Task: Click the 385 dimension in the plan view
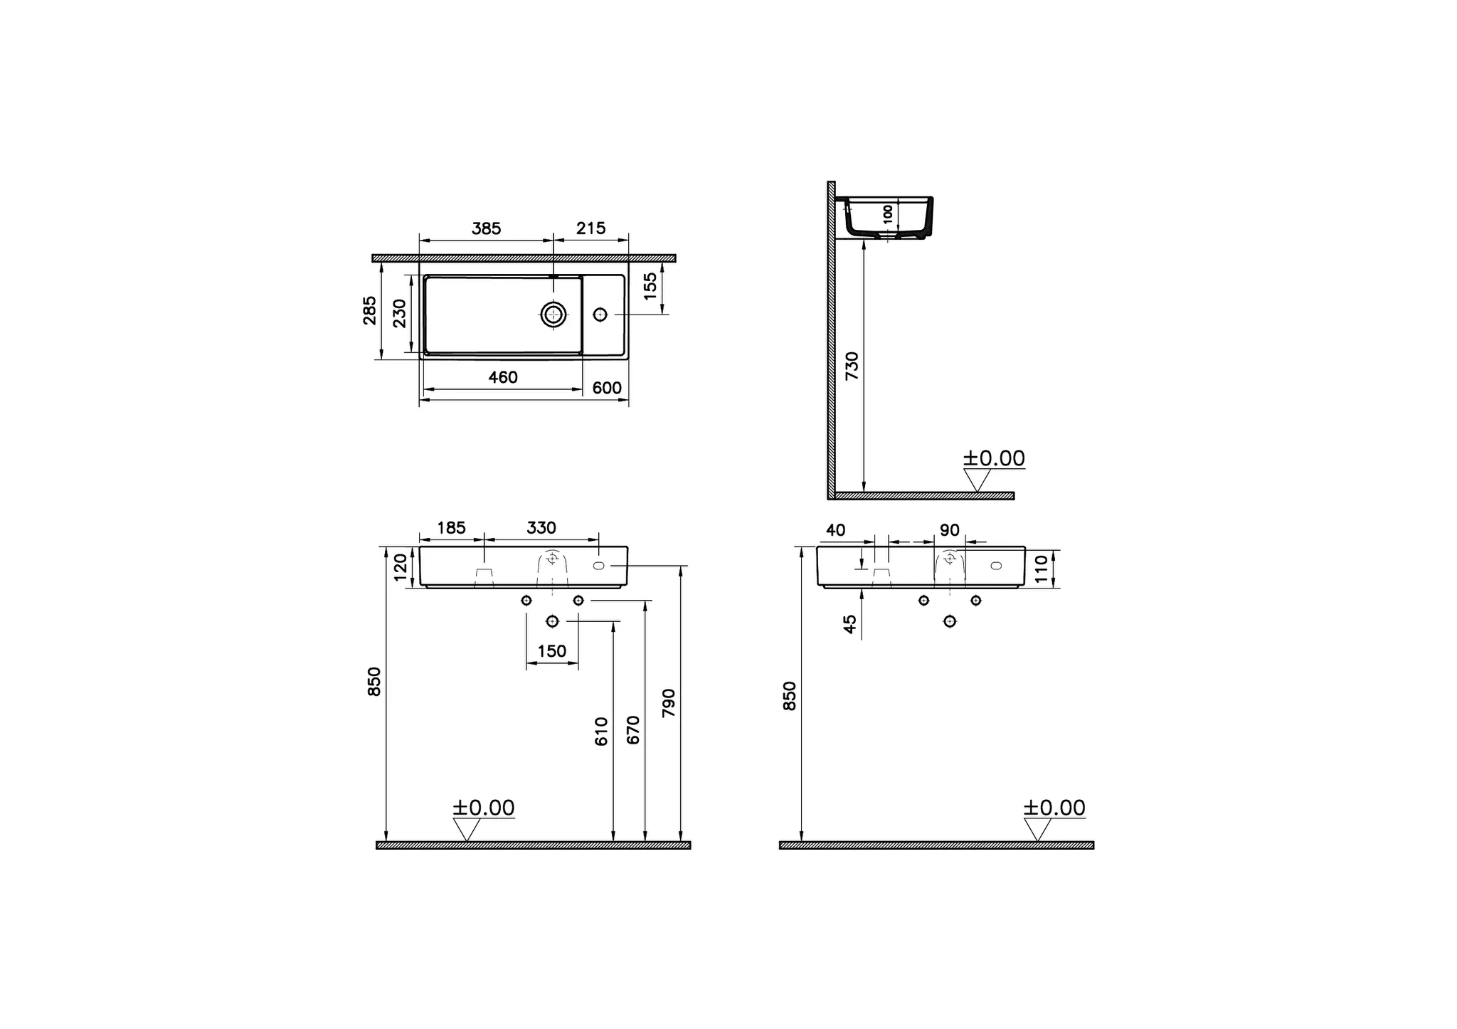pos(487,228)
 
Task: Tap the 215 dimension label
pos(590,228)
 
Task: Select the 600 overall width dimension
pos(607,389)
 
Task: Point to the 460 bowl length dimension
pos(503,378)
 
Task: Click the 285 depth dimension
pos(370,310)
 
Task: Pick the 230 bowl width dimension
pos(400,313)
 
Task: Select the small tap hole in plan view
pos(600,314)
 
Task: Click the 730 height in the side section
pos(852,366)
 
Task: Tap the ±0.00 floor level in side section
pos(994,459)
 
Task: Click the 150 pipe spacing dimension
pos(552,651)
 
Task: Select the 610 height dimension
pos(602,731)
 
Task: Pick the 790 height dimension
pos(668,703)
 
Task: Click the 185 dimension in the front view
pos(451,528)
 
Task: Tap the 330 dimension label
pos(541,528)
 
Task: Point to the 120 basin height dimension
pos(401,567)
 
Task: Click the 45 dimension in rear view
pos(850,624)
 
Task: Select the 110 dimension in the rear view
pos(1042,569)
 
